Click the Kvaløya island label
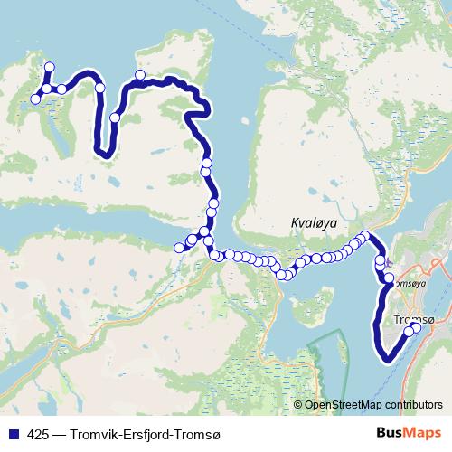tap(313, 222)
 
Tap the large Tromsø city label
tap(415, 320)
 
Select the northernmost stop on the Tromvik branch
tap(50, 66)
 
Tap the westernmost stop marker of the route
tap(35, 99)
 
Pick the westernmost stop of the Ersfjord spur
tap(179, 248)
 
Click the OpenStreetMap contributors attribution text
tap(373, 404)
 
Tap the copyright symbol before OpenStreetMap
tap(297, 404)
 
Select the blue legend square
tap(12, 435)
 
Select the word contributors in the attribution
tap(413, 404)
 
